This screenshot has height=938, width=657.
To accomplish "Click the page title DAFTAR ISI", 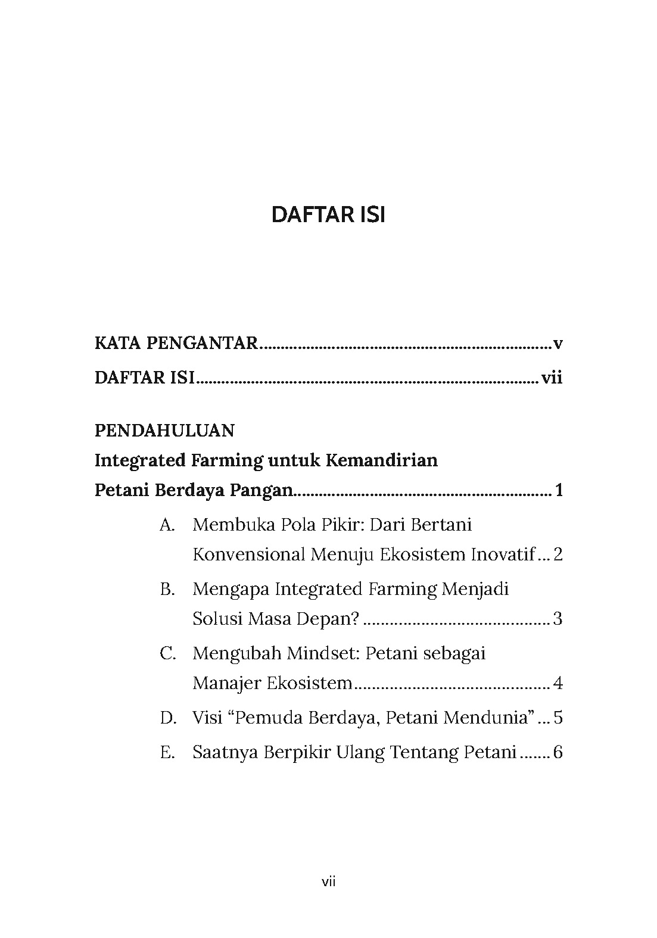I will [328, 215].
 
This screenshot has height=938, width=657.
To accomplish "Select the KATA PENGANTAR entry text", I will [176, 344].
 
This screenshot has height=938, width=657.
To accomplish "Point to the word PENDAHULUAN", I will [164, 430].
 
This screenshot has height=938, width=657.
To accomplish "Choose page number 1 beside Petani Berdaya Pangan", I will [558, 491].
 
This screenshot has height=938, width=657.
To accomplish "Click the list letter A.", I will [167, 525].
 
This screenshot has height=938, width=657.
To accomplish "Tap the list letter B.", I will [167, 589].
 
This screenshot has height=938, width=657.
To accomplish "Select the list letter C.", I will [167, 653].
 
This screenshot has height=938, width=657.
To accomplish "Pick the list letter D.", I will [168, 718].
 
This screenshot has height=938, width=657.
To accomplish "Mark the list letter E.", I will [167, 752].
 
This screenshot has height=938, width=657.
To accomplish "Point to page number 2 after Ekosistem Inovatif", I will [558, 554].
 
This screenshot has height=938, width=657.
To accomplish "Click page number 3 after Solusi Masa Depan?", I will [558, 619].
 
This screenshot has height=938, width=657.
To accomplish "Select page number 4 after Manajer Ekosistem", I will [558, 683].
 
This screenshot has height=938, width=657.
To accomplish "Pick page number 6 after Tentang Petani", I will [558, 752].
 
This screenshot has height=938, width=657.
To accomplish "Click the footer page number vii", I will [328, 882].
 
